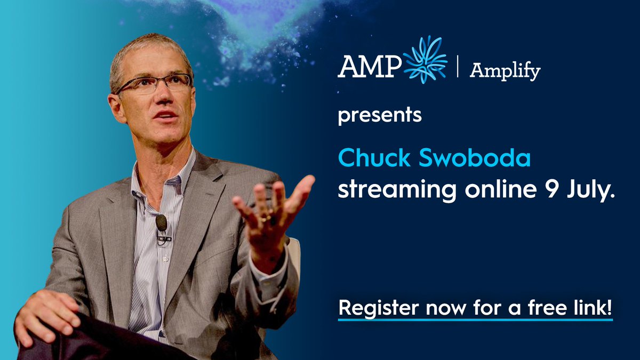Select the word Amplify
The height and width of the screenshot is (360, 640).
pyautogui.click(x=505, y=71)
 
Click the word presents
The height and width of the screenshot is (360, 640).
pyautogui.click(x=380, y=116)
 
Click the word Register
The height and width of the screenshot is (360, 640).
pyautogui.click(x=373, y=309)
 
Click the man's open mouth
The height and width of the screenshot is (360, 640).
pyautogui.click(x=167, y=115)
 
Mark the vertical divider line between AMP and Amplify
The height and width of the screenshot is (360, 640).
pyautogui.click(x=458, y=67)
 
